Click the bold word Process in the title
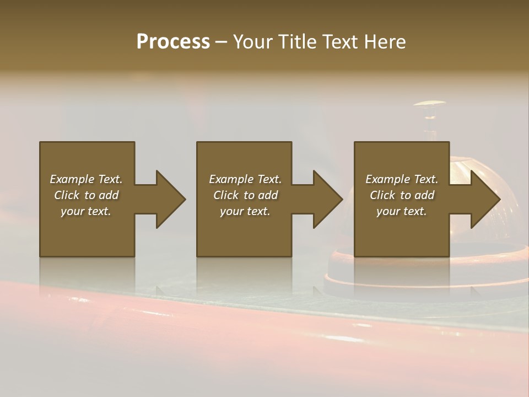(x=173, y=41)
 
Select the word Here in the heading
(x=385, y=41)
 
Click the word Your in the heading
(x=253, y=41)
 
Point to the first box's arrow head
(x=171, y=199)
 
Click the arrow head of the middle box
(x=328, y=199)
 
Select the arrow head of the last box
(x=485, y=199)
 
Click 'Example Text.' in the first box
(x=86, y=179)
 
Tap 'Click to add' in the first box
(x=86, y=195)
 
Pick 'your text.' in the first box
(x=86, y=211)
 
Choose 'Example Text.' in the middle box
(x=245, y=179)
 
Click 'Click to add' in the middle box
(x=245, y=195)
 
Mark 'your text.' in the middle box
(x=245, y=211)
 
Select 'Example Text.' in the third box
(x=402, y=179)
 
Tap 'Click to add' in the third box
(x=402, y=195)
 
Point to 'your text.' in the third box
(x=402, y=211)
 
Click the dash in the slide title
(x=222, y=42)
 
